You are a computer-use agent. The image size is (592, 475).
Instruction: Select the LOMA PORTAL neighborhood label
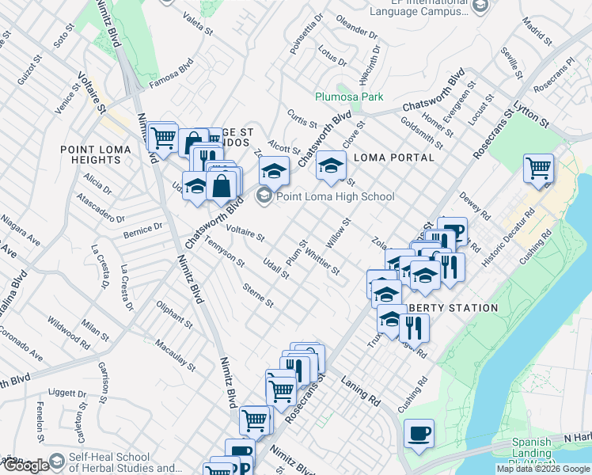(x=393, y=158)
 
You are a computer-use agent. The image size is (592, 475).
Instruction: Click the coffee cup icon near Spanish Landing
(x=419, y=434)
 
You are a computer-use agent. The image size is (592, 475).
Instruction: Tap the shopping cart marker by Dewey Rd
(x=538, y=169)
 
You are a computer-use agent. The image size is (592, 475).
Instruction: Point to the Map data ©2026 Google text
(x=542, y=469)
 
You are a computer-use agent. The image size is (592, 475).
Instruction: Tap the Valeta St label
(x=198, y=25)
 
